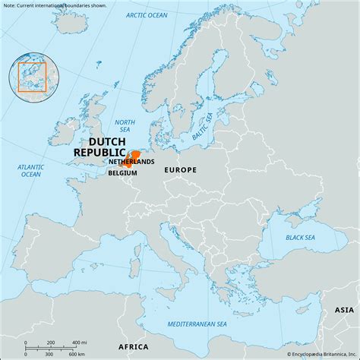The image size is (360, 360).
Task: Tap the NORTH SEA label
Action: (x=125, y=126)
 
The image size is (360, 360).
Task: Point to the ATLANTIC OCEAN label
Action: (x=30, y=170)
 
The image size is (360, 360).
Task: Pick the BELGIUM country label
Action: (x=122, y=173)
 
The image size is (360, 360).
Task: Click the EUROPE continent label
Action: (x=180, y=170)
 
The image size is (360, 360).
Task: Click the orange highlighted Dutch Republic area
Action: (x=136, y=156)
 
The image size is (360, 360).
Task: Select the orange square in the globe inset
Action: (x=32, y=77)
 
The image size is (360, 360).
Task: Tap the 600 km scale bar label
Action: (x=76, y=355)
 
